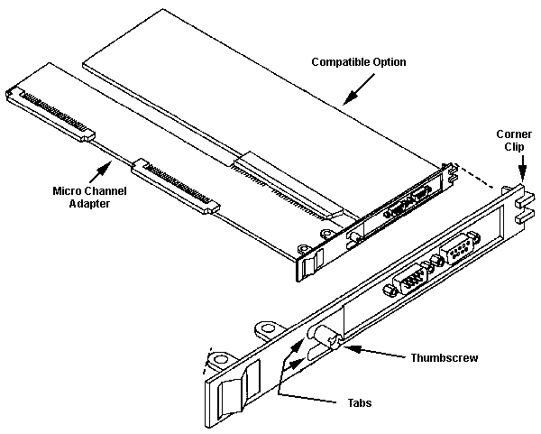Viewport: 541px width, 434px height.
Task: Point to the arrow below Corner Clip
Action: [520, 168]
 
